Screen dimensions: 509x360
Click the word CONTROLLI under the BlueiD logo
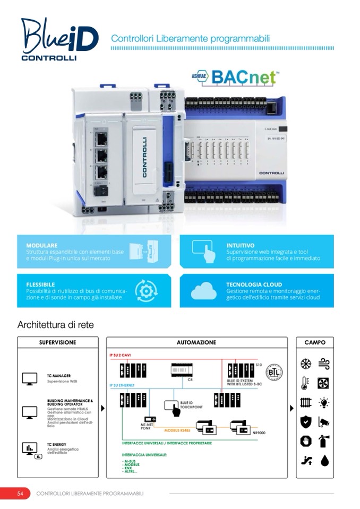(49, 57)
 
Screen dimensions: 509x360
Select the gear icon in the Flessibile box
(145, 290)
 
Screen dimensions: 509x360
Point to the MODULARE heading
(42, 246)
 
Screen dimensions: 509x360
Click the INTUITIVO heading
(240, 246)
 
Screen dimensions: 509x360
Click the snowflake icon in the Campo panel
(305, 364)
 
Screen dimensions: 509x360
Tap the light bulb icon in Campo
(323, 403)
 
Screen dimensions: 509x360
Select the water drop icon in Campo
(324, 460)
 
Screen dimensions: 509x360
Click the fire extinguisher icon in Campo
(323, 441)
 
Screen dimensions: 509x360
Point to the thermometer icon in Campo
(305, 383)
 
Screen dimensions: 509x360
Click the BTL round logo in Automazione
(273, 371)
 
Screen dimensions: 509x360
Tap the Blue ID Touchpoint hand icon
(172, 407)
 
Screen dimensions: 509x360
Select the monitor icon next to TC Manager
(29, 378)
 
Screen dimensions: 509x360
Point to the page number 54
(20, 494)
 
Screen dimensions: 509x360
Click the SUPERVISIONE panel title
(57, 342)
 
